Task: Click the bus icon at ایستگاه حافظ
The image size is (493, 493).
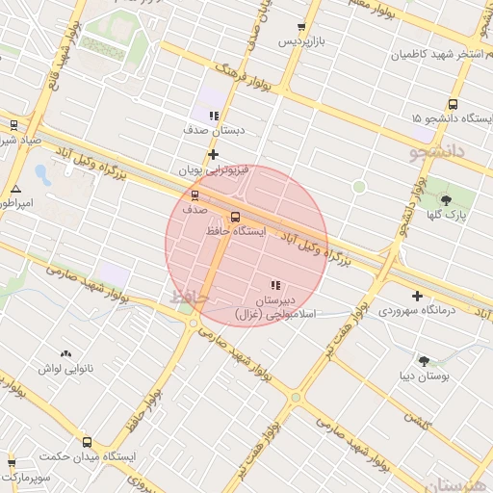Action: pyautogui.click(x=236, y=216)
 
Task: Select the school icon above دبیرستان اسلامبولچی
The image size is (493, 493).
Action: pyautogui.click(x=275, y=285)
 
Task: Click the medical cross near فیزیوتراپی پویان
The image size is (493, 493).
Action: pyautogui.click(x=213, y=154)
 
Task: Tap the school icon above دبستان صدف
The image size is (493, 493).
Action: pyautogui.click(x=214, y=116)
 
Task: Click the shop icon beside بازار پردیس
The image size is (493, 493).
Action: pyautogui.click(x=302, y=27)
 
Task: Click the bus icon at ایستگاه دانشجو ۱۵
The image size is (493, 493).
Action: pyautogui.click(x=452, y=105)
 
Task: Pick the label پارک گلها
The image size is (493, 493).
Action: pyautogui.click(x=449, y=216)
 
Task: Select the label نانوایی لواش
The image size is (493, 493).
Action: pyautogui.click(x=64, y=369)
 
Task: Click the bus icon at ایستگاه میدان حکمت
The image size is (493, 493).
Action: pyautogui.click(x=88, y=442)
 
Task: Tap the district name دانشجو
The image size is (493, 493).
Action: pyautogui.click(x=409, y=152)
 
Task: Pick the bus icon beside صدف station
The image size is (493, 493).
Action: pyautogui.click(x=195, y=193)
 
